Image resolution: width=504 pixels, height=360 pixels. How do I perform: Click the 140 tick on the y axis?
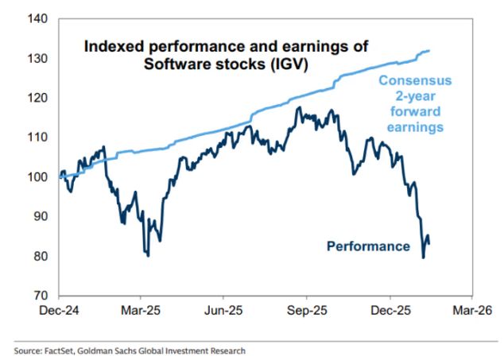pyautogui.click(x=37, y=18)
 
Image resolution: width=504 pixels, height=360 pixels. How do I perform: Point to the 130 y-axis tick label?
pyautogui.click(x=37, y=58)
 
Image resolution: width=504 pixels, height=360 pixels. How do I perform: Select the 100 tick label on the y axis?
pyautogui.click(x=37, y=177)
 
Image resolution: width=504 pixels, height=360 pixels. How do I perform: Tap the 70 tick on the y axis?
pyautogui.click(x=40, y=296)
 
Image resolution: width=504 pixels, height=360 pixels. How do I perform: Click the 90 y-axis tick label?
pyautogui.click(x=40, y=217)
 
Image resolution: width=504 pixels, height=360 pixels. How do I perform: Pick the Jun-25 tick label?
pyautogui.click(x=224, y=311)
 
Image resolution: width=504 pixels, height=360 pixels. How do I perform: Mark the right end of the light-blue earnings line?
pyautogui.click(x=430, y=51)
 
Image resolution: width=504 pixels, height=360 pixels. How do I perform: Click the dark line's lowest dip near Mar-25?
pyautogui.click(x=148, y=254)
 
